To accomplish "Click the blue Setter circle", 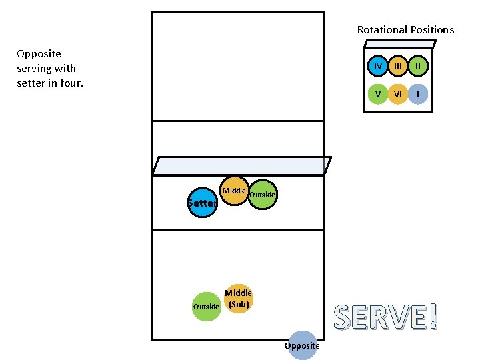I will pyautogui.click(x=203, y=203).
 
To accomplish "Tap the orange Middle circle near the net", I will pyautogui.click(x=234, y=191).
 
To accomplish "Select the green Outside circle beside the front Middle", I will pyautogui.click(x=263, y=195).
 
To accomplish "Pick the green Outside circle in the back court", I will pyautogui.click(x=206, y=306).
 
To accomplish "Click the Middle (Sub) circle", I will pyautogui.click(x=238, y=299).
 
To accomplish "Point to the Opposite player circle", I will pyautogui.click(x=302, y=345).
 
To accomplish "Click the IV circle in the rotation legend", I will pyautogui.click(x=378, y=66).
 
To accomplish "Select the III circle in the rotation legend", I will pyautogui.click(x=398, y=66).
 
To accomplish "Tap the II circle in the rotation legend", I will pyautogui.click(x=418, y=66).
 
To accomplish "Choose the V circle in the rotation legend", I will pyautogui.click(x=378, y=94).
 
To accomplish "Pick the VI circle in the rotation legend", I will pyautogui.click(x=398, y=94).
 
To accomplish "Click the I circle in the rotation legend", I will pyautogui.click(x=418, y=94).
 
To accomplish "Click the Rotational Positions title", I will pyautogui.click(x=405, y=29).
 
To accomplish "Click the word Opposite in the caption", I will pyautogui.click(x=39, y=53).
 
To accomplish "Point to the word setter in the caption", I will pyautogui.click(x=31, y=83).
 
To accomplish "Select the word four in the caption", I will pyautogui.click(x=69, y=83).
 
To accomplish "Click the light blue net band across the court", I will pyautogui.click(x=241, y=165).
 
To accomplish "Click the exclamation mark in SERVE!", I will pyautogui.click(x=434, y=316).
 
